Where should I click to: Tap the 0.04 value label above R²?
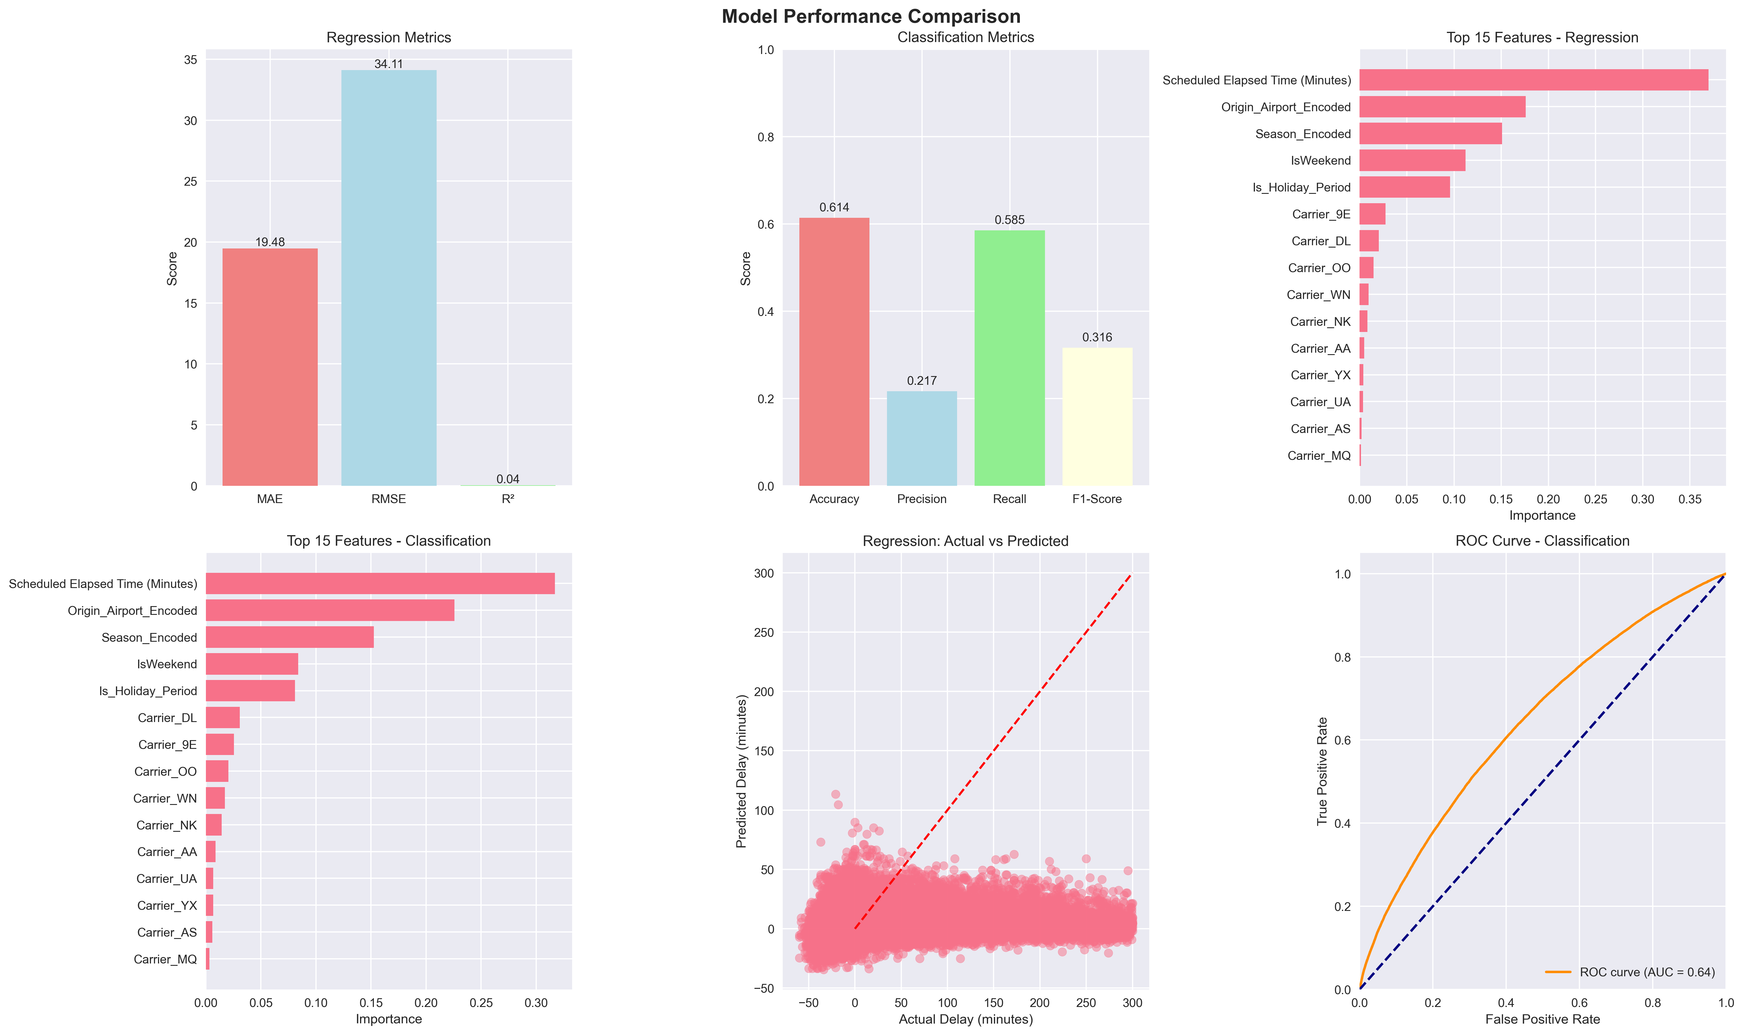click(508, 479)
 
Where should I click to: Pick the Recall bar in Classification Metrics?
click(1009, 358)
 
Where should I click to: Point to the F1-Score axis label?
click(1096, 499)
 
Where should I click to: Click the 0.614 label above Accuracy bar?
click(834, 207)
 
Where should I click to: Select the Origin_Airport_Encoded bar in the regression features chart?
click(1442, 107)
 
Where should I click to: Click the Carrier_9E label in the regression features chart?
click(1321, 214)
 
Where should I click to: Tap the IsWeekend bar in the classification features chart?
click(252, 664)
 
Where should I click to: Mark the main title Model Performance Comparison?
click(871, 16)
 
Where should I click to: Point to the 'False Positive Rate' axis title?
click(1542, 1019)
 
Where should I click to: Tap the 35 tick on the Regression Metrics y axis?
click(190, 60)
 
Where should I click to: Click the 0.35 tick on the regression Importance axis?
click(1689, 499)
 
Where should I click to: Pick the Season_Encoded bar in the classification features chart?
click(289, 637)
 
